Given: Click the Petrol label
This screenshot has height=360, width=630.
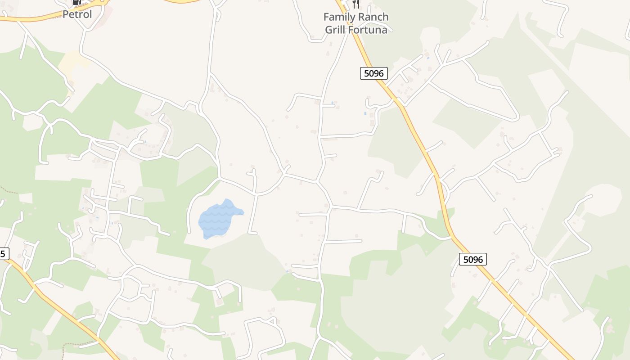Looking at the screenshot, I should pos(77,14).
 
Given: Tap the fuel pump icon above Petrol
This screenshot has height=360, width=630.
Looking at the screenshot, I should pos(76,2).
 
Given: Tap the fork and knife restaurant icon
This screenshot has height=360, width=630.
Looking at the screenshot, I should pos(356,4).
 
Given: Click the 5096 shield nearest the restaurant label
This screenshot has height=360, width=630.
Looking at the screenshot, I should pos(374,73).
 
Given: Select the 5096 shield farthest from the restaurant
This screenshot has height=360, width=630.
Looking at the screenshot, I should pos(473,259).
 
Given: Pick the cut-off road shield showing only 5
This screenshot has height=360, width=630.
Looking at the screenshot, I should pos(3,254).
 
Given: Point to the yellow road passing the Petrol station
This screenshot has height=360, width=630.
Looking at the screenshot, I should pos(36,18).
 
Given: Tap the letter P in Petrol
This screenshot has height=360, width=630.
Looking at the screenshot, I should pos(66,14).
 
